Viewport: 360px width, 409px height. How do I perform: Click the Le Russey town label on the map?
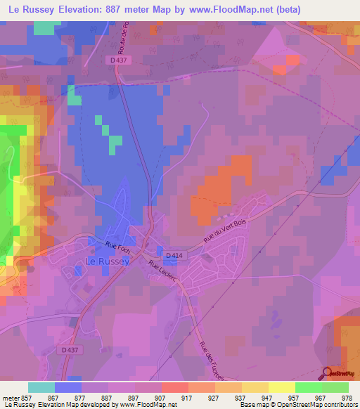click(107, 261)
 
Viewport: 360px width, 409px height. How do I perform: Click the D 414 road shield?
click(173, 256)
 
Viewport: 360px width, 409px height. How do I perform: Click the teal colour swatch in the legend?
click(41, 387)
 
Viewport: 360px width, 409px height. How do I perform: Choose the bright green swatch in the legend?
click(308, 387)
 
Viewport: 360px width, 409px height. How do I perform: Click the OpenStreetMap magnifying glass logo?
click(327, 373)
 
